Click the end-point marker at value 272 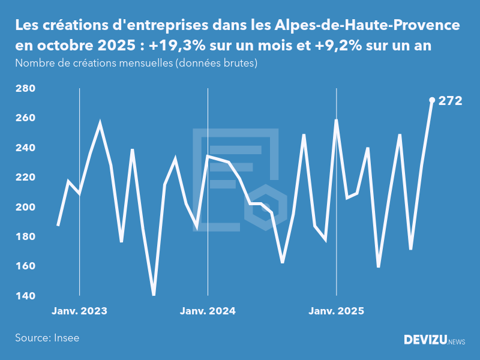(x=432, y=100)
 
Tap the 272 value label (x=451, y=101)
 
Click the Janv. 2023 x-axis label (x=79, y=311)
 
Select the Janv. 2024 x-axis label (x=208, y=311)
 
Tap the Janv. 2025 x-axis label (x=336, y=311)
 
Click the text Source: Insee (x=47, y=338)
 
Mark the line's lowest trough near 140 (x=154, y=294)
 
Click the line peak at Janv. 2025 (x=336, y=121)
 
